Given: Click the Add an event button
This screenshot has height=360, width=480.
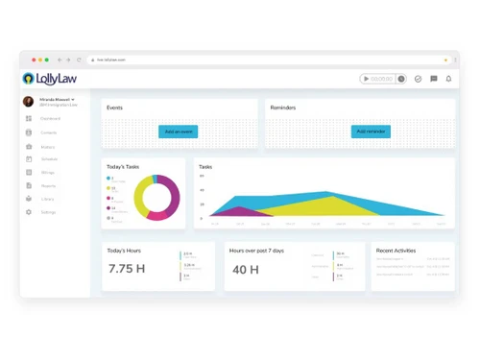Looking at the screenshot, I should tap(179, 131).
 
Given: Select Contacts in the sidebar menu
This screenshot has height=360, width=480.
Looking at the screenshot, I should tap(48, 132).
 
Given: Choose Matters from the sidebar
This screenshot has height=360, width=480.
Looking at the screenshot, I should tap(47, 146).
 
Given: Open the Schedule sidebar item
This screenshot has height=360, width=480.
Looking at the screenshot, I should tap(49, 158).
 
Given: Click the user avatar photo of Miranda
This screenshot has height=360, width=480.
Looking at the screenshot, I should tap(29, 101).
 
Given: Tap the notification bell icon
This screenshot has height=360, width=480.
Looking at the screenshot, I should tap(448, 79).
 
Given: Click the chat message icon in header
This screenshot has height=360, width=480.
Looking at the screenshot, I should tap(434, 79).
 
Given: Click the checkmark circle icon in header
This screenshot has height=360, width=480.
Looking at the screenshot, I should tap(419, 79).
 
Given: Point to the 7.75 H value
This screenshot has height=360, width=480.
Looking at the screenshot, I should tap(126, 270).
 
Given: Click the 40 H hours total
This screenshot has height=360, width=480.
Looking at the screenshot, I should tap(246, 270).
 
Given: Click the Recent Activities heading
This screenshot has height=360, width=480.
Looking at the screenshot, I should tap(396, 251).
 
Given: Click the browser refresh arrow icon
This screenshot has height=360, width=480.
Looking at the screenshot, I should tap(78, 60).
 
